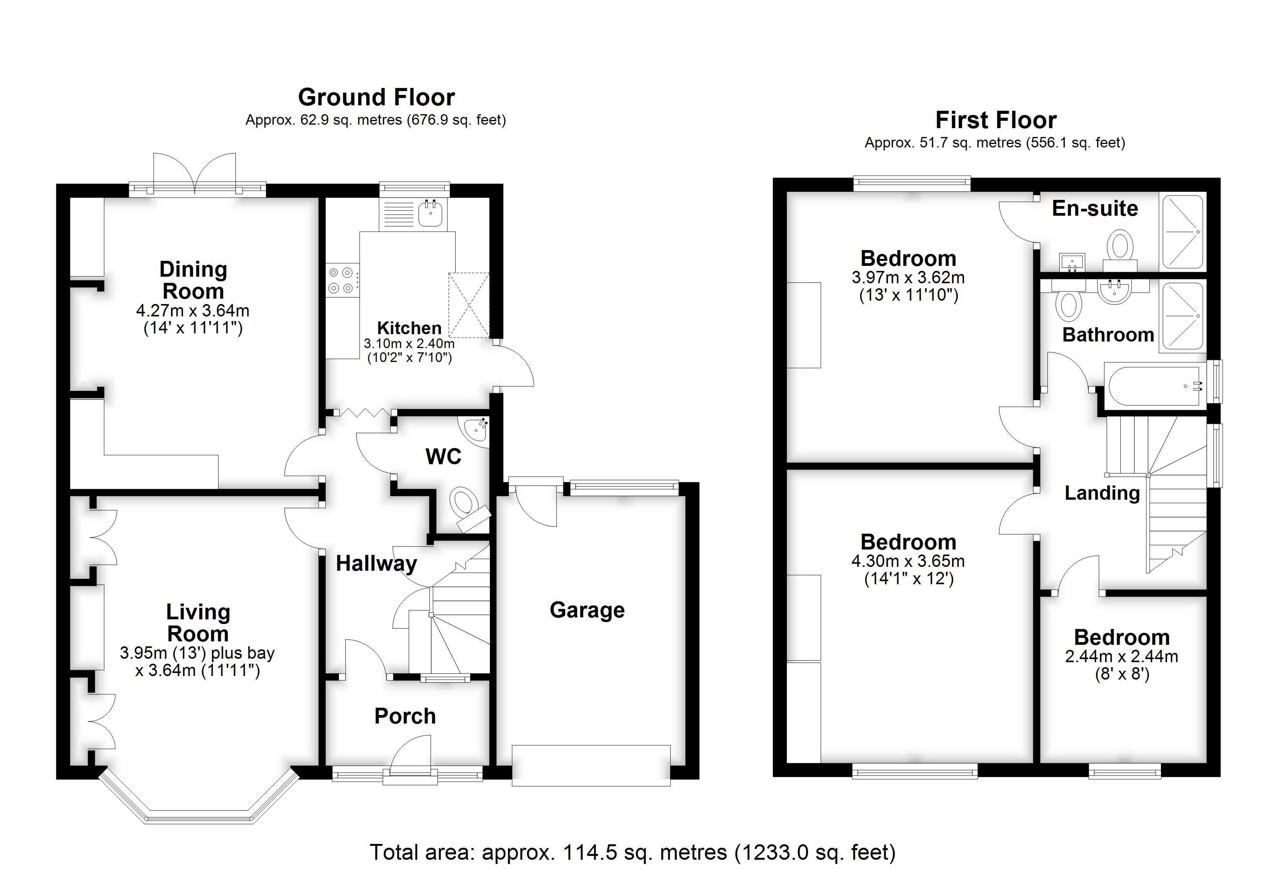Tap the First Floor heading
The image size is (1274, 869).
pos(996,120)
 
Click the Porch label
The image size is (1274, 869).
pos(405,716)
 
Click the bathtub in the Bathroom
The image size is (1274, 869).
pos(1154,386)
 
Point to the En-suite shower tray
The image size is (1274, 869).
pos(1183,232)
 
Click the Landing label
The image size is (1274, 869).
pos(1102,493)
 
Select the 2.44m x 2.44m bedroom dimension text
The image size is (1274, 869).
pos(1121,656)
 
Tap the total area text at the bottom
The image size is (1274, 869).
pos(633,852)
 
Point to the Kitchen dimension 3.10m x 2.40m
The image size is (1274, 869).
pos(409,343)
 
